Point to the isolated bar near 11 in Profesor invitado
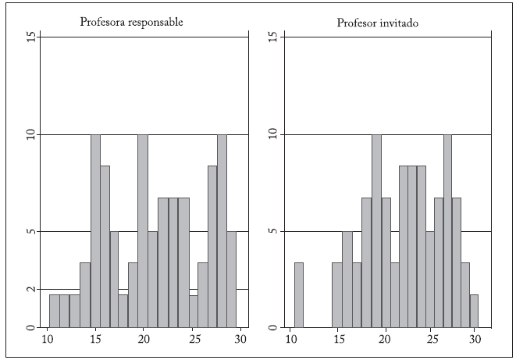coord(298,294)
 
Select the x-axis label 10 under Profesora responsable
coord(47,340)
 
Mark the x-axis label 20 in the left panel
coord(144,340)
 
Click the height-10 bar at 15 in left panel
coord(95,230)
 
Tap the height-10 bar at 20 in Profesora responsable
coord(143,230)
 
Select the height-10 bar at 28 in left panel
coord(222,230)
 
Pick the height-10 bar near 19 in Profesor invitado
coord(376,230)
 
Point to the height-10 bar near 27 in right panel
coord(447,230)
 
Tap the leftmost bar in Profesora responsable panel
coord(54,311)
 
